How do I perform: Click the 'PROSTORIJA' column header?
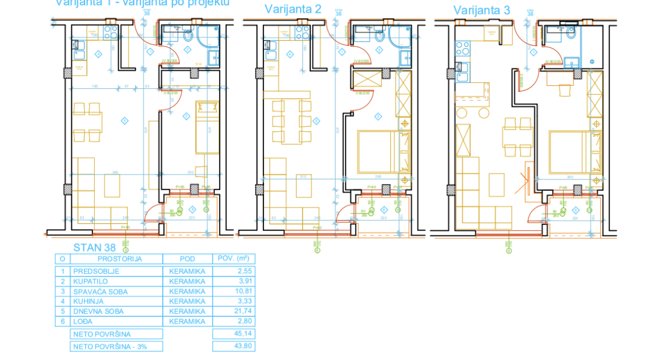[x=116, y=259]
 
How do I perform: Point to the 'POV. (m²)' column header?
[x=233, y=259]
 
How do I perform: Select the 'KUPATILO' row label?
[x=87, y=281]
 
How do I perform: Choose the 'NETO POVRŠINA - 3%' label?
[x=109, y=346]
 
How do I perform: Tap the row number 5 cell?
[x=62, y=311]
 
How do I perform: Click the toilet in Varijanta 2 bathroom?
[x=379, y=37]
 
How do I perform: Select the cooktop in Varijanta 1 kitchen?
[x=110, y=32]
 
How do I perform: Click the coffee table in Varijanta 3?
[x=496, y=187]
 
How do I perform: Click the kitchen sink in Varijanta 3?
[x=462, y=76]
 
